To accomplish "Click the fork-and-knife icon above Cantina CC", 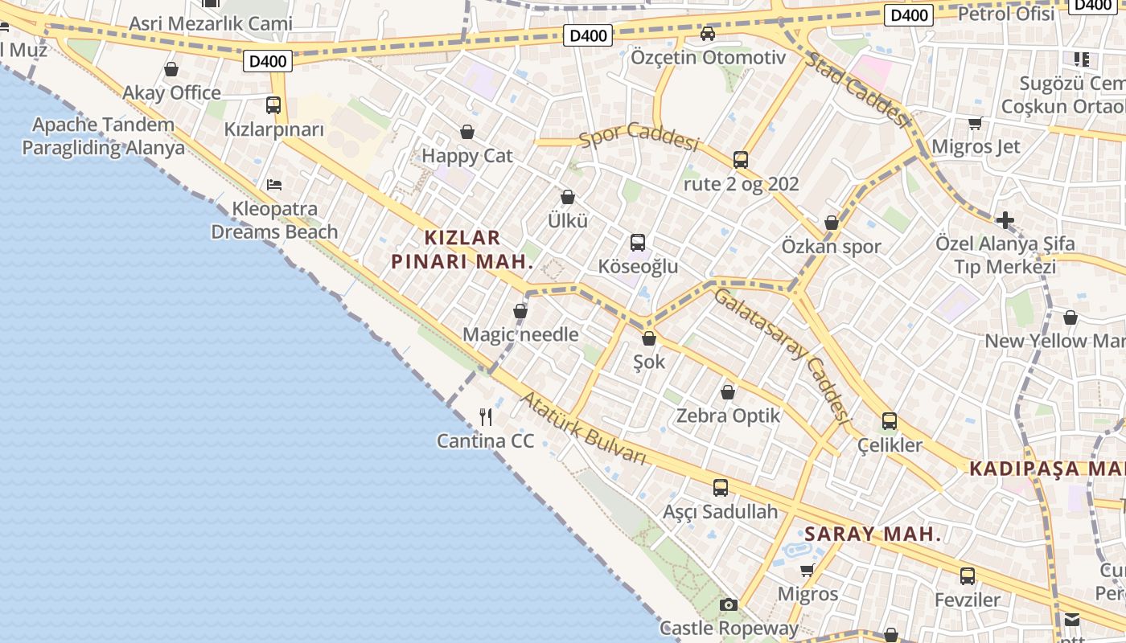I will coord(486,416).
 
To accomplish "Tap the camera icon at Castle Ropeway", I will coord(729,604).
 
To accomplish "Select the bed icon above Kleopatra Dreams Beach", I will coord(274,184).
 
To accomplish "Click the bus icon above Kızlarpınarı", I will coord(273,104).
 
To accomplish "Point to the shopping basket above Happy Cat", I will coord(467,132).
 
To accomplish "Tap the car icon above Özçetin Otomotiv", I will coord(708,34).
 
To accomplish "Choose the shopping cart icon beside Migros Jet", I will coord(976,123).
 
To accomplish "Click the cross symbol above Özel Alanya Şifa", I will coord(1005,219).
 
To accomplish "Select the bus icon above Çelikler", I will coord(890,420).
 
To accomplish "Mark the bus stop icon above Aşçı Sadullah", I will coord(721,487).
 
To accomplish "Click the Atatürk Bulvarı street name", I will coord(583,428).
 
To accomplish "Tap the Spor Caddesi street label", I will coord(639,137).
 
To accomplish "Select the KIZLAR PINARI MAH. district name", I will coord(462,249).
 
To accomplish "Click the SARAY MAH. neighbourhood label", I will coord(873,534).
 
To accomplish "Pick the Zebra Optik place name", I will coord(728,416).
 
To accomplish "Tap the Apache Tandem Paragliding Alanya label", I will coord(103,136).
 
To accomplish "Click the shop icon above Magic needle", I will coord(520,311).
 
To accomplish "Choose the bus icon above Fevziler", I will coord(968,575).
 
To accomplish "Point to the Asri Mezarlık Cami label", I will coord(211,23).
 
